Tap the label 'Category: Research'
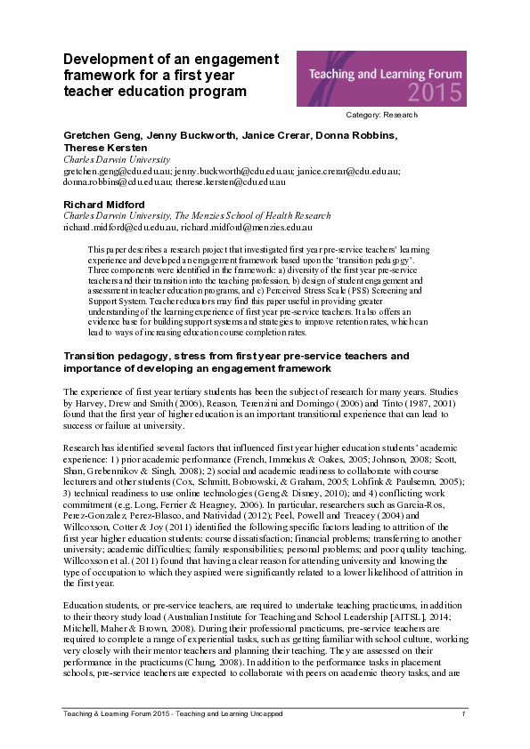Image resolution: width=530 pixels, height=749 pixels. (x=381, y=115)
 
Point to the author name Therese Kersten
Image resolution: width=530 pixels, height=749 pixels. (x=99, y=147)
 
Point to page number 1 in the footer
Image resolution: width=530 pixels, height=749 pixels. (x=464, y=715)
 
